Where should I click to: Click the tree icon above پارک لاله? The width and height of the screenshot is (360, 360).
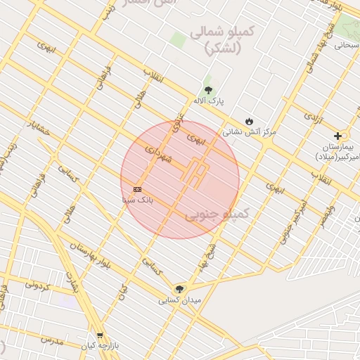tap(208, 89)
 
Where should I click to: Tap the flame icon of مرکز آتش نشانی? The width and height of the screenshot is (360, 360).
tap(248, 121)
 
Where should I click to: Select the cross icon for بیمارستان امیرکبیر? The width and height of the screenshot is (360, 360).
tap(338, 136)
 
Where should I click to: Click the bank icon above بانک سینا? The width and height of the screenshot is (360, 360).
tap(137, 189)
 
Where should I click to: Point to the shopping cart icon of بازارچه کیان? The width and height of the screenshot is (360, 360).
tap(100, 335)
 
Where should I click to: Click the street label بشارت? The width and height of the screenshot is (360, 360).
tap(71, 283)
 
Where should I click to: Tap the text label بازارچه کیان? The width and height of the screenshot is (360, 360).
tap(97, 347)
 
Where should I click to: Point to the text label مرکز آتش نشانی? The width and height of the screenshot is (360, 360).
tap(250, 131)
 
